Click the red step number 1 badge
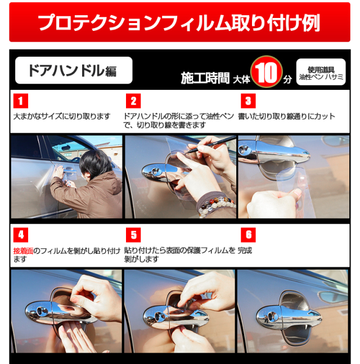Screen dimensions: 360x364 21,101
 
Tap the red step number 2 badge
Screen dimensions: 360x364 133,101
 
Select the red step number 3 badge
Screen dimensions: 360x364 248,101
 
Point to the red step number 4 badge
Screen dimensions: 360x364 21,235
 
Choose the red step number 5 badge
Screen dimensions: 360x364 133,235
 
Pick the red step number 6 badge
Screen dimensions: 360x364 248,235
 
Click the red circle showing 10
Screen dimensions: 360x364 266,72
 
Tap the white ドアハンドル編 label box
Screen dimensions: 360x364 74,70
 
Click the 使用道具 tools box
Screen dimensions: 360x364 321,72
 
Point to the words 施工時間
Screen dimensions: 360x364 205,78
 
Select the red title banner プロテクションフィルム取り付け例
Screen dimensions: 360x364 179,22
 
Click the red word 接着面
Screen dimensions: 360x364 23,251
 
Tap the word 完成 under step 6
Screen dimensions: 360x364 245,251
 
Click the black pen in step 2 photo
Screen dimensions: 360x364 211,145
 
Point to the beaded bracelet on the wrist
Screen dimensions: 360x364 215,206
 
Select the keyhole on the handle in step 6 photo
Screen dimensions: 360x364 271,316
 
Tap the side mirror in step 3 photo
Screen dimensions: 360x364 335,141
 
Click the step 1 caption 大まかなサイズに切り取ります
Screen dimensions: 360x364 61,116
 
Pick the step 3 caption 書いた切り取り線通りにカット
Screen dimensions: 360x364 286,116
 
